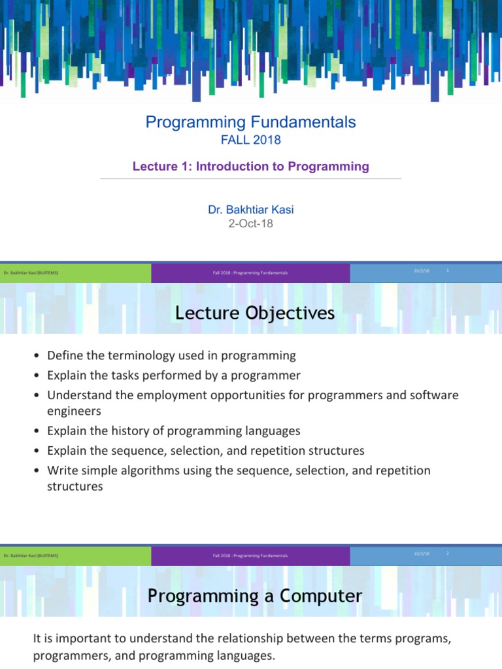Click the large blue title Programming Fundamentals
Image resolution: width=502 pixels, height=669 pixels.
[250, 122]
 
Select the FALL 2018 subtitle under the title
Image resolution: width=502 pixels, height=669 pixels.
[250, 140]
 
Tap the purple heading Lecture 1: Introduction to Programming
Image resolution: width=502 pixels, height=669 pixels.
[250, 167]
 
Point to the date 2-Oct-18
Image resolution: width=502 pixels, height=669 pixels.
[250, 223]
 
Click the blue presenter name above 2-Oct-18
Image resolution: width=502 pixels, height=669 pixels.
[250, 210]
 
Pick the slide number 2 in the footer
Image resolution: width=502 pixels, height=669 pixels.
[448, 553]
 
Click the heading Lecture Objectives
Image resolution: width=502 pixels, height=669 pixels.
[255, 314]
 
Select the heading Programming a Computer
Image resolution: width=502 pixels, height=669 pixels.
[255, 596]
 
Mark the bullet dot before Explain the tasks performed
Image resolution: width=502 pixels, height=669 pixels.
[38, 376]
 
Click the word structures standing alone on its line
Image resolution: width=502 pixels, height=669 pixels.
[75, 487]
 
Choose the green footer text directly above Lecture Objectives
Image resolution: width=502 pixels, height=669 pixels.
[31, 272]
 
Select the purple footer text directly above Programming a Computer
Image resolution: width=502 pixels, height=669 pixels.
[250, 555]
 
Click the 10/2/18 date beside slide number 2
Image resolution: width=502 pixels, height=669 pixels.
[422, 553]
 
